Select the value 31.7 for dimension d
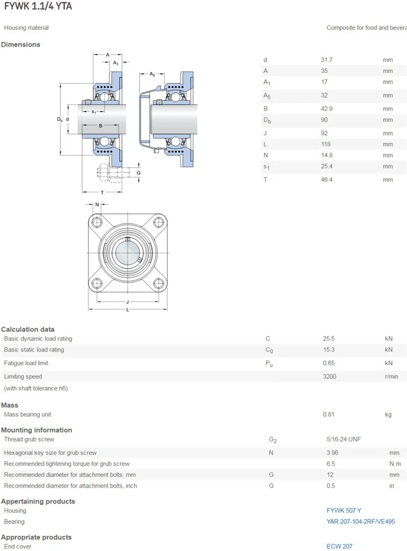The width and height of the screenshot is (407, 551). tap(327, 59)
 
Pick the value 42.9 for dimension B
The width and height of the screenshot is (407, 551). tap(327, 108)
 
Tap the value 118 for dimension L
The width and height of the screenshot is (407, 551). tap(326, 144)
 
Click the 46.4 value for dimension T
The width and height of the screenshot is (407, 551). tap(327, 179)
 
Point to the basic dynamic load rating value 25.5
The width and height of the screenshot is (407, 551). tap(329, 338)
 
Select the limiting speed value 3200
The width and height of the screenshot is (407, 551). tap(330, 376)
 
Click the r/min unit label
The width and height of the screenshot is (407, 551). tap(391, 376)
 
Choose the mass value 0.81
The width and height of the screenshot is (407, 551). tap(329, 414)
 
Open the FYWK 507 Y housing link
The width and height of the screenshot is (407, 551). tap(344, 510)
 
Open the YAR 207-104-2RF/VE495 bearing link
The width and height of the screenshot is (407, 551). tap(360, 522)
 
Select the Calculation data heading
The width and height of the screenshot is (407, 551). tap(28, 329)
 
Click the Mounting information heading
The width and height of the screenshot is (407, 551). tap(37, 430)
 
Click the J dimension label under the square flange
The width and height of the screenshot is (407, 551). tap(127, 301)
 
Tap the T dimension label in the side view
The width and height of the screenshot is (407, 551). tap(102, 192)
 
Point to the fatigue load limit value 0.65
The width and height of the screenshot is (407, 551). tap(329, 363)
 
